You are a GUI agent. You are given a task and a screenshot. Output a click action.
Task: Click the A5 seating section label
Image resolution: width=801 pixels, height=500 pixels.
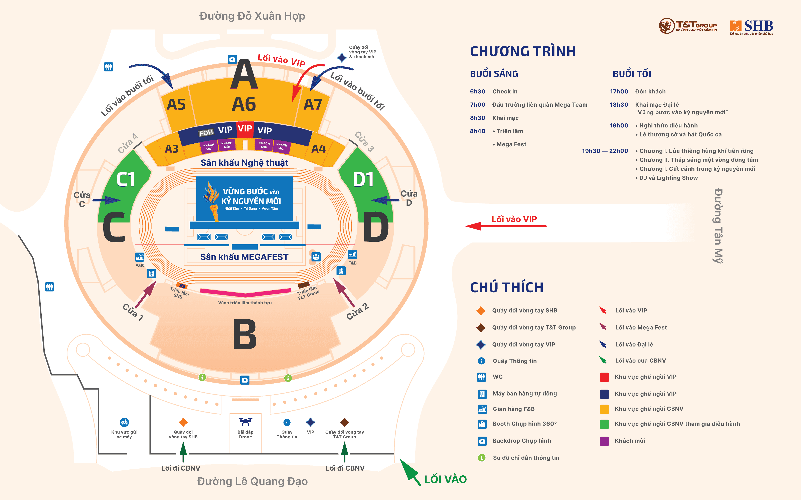point(176,104)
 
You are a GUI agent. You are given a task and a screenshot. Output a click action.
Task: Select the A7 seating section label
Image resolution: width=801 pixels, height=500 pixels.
point(313,104)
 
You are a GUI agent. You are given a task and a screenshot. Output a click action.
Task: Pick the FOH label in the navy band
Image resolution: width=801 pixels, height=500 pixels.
point(206,133)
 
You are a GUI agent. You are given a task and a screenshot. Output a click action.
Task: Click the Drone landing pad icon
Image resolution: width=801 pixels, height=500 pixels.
point(245,422)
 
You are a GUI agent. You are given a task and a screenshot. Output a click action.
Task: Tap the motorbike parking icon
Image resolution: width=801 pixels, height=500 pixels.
point(124,422)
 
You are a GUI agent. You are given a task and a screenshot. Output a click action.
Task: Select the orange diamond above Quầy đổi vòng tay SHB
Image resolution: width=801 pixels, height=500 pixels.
point(183,422)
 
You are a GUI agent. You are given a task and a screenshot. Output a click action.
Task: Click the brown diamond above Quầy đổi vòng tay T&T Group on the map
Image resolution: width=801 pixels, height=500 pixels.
point(345,422)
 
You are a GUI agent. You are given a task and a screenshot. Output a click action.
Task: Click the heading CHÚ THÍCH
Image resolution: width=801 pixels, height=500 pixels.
point(507,287)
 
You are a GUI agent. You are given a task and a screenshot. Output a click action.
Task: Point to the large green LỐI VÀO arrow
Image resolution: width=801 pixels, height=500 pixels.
point(411,472)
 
